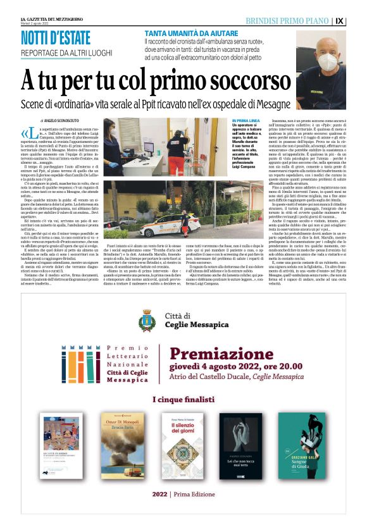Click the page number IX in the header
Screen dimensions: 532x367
[x=357, y=20]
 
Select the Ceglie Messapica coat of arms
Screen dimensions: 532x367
[x=147, y=321]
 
